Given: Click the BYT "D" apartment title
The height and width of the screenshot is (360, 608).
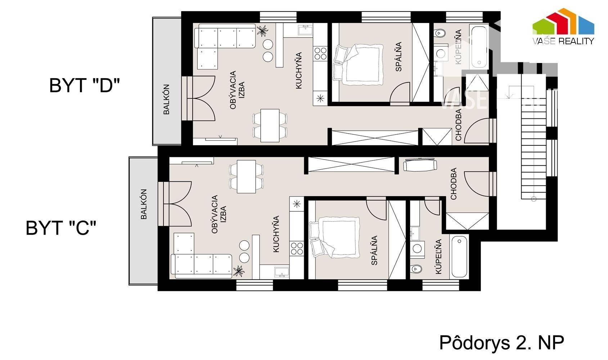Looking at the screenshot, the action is pyautogui.click(x=84, y=85).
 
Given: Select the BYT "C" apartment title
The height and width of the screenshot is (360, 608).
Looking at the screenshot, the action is pyautogui.click(x=61, y=228).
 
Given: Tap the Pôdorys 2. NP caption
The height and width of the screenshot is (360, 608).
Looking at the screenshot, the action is pyautogui.click(x=501, y=343).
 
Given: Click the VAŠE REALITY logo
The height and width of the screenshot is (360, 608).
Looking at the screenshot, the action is pyautogui.click(x=563, y=26).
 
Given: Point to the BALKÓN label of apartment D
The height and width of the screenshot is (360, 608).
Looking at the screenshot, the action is pyautogui.click(x=166, y=99).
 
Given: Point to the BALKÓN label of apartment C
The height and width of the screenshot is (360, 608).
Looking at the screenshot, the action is pyautogui.click(x=144, y=204).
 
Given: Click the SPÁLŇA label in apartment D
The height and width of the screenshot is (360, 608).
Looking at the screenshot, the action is pyautogui.click(x=398, y=57).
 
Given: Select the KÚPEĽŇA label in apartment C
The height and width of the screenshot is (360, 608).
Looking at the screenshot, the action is pyautogui.click(x=438, y=256).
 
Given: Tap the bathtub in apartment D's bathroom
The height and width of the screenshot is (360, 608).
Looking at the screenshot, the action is pyautogui.click(x=479, y=47).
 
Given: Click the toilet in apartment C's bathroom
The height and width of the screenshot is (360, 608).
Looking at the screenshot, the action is pyautogui.click(x=416, y=269).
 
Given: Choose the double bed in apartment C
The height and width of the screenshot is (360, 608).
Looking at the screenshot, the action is pyautogui.click(x=334, y=238).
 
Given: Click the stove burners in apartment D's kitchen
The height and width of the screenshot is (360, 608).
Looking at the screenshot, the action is pyautogui.click(x=320, y=53).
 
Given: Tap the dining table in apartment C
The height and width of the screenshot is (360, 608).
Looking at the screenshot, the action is pyautogui.click(x=246, y=177).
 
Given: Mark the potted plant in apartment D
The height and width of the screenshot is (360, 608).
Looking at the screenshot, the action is pyautogui.click(x=262, y=30).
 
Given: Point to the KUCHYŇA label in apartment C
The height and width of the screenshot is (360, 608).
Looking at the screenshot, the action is pyautogui.click(x=276, y=234).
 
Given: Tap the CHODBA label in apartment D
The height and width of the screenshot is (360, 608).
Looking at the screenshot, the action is pyautogui.click(x=459, y=125).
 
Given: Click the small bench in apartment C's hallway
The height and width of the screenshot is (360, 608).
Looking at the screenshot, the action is pyautogui.click(x=420, y=165).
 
